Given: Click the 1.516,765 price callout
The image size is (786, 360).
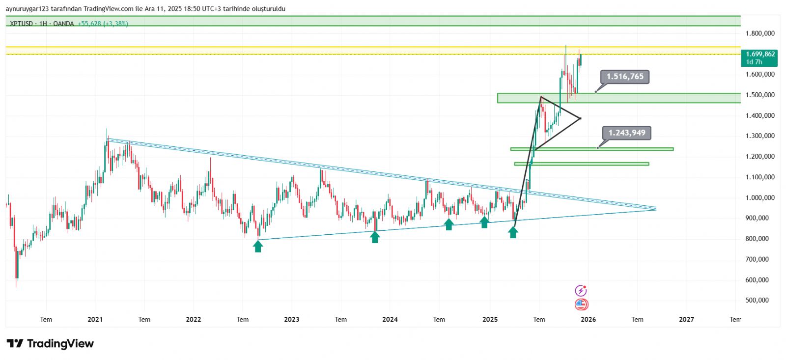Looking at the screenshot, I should pos(625,77).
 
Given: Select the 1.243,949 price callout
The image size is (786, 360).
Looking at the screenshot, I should pos(627,133).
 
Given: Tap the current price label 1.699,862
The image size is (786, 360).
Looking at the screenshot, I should pos(760,55).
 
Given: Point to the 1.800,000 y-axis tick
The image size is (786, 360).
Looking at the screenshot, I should pos(760,33).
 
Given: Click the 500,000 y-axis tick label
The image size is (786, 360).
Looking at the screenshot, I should pos(757,300).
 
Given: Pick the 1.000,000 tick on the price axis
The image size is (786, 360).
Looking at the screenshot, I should pos(760,197).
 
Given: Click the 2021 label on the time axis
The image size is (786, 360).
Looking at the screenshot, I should pos(95,319).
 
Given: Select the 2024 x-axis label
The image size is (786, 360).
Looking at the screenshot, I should pos(390,319).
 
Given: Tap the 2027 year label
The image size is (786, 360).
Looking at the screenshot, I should pos(686,319).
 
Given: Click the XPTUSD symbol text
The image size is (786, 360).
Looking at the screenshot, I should pos(22,24).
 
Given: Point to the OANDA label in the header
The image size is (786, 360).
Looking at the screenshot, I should pos(63,24).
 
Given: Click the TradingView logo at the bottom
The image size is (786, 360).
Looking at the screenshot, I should pos(50,343).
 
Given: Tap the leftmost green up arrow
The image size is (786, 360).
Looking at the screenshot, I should pos(258,246).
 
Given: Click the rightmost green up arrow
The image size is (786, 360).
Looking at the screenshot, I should pos(513,232).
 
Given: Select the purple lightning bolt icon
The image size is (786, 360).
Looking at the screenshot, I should pos(581,291).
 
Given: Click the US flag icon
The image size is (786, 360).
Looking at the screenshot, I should pos(581,305).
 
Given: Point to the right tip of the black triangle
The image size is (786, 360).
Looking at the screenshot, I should pos(581,118).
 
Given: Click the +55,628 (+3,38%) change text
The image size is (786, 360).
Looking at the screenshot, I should pos(103,24).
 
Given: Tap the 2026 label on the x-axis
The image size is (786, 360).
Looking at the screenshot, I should pos(588,319).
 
